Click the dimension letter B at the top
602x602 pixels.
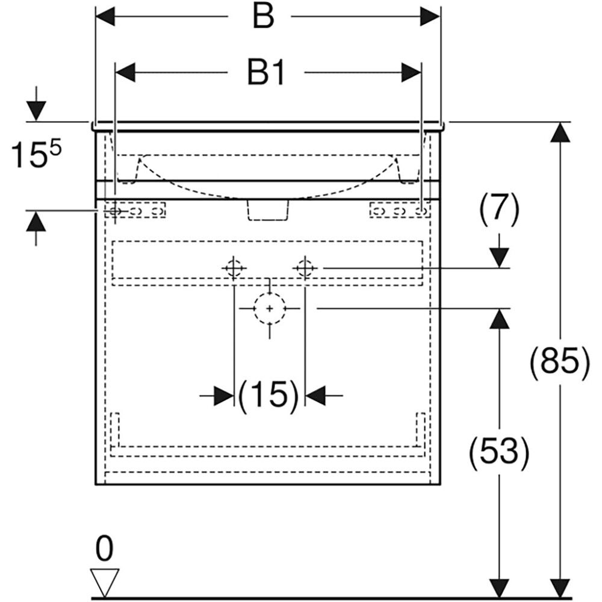(x=263, y=17)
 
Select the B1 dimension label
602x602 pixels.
(x=266, y=73)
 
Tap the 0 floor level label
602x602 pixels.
(x=104, y=550)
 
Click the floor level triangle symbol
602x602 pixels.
(x=105, y=581)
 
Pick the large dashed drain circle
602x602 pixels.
(x=269, y=308)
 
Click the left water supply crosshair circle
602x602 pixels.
(x=234, y=267)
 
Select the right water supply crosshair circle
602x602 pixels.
(x=305, y=267)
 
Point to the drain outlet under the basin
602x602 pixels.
(x=267, y=210)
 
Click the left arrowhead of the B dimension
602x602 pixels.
(x=105, y=17)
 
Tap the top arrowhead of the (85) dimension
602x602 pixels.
(x=560, y=132)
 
